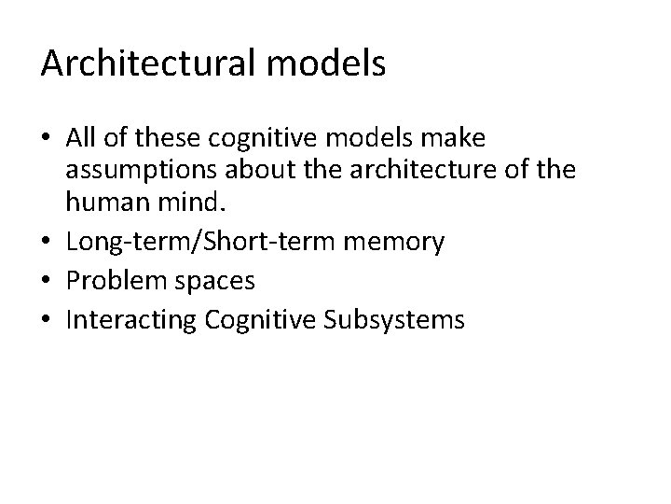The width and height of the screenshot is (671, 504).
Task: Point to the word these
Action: pos(158,139)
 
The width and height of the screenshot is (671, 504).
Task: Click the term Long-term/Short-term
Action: pos(191,243)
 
